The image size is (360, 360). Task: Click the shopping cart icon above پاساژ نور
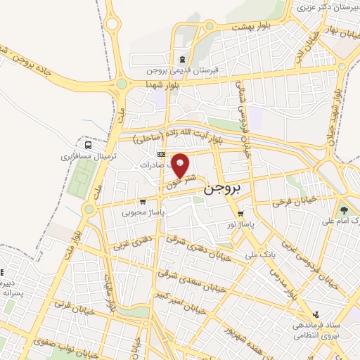point(240,214)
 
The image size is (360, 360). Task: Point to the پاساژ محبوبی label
point(143,211)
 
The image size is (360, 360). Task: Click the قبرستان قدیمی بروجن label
point(183,70)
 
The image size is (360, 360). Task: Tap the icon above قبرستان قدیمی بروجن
point(183,58)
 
